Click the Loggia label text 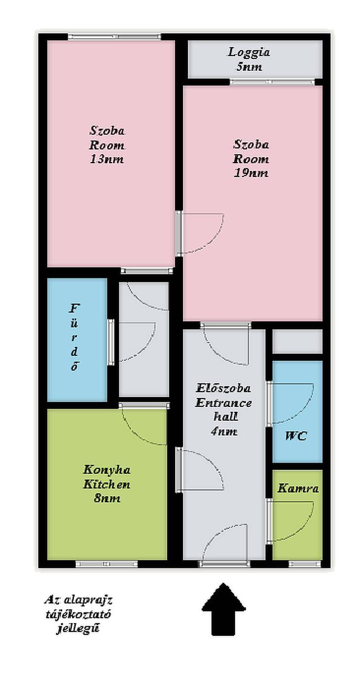[249, 52]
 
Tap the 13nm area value [107, 159]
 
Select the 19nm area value [251, 173]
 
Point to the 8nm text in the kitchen [107, 498]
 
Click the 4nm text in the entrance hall [224, 432]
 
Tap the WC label [296, 436]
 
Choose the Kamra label [298, 488]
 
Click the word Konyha [107, 470]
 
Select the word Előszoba [223, 388]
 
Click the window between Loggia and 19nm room [273, 82]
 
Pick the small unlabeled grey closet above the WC [297, 342]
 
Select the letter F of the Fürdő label [74, 308]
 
